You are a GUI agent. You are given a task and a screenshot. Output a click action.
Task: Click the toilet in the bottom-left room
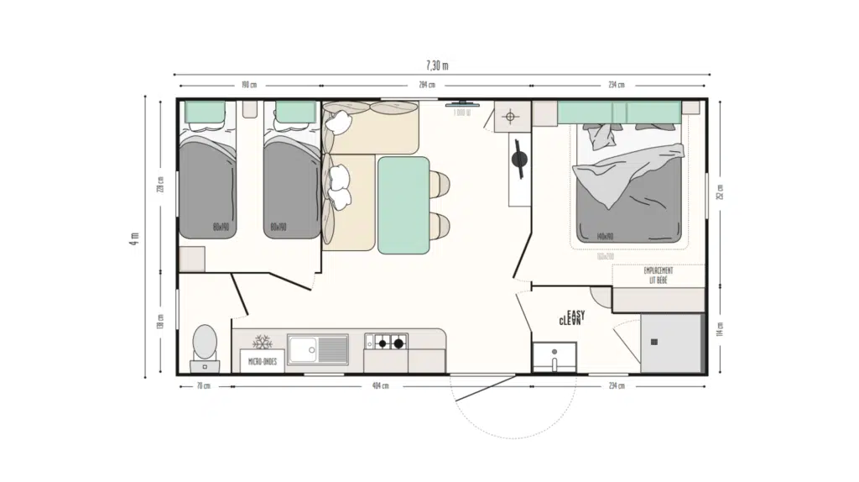pyautogui.click(x=205, y=344)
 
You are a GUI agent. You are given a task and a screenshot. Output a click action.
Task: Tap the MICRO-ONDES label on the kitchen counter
pyautogui.click(x=263, y=361)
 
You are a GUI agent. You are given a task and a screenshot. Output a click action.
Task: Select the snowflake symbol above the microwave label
pyautogui.click(x=263, y=343)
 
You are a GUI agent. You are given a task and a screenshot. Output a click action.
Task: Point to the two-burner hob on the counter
pyautogui.click(x=386, y=342)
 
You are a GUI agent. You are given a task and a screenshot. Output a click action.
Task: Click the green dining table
pyautogui.click(x=403, y=205)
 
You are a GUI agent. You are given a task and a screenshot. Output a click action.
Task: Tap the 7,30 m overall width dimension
pyautogui.click(x=437, y=65)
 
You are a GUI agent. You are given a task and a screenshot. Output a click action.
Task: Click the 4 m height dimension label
pyautogui.click(x=133, y=238)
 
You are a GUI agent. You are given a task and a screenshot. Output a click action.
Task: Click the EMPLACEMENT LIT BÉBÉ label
pyautogui.click(x=658, y=274)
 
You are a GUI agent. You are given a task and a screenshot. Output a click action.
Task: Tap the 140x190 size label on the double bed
pyautogui.click(x=607, y=237)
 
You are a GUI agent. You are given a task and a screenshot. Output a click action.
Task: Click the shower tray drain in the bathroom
pyautogui.click(x=654, y=342)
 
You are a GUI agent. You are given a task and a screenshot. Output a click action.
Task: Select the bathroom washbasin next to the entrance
pyautogui.click(x=554, y=356)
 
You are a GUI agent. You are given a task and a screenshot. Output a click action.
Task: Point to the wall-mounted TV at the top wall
pyautogui.click(x=466, y=105)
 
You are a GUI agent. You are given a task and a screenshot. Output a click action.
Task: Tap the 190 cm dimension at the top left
pyautogui.click(x=247, y=85)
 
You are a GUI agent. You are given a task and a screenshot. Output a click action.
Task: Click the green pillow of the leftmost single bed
pyautogui.click(x=206, y=111)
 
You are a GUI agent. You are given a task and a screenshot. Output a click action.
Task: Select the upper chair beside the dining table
pyautogui.click(x=439, y=181)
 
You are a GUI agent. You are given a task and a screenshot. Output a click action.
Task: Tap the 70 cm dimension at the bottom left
pyautogui.click(x=204, y=386)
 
